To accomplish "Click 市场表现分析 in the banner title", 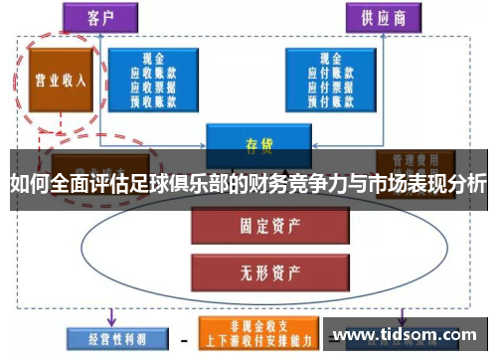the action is click(x=426, y=185).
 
